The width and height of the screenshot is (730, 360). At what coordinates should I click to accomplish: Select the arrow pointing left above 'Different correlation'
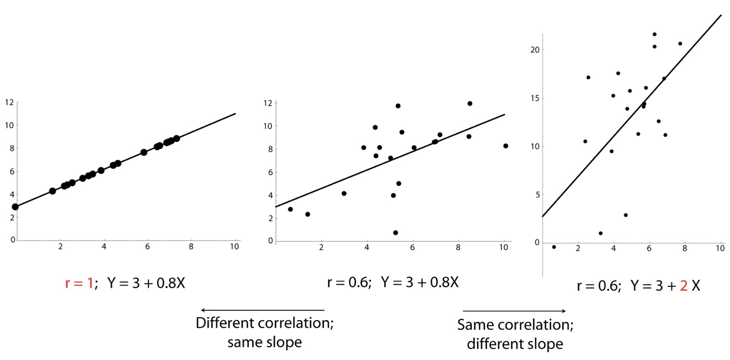click(263, 310)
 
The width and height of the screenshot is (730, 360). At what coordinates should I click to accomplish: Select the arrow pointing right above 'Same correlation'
click(514, 311)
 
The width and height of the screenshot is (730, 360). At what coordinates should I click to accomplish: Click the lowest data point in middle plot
click(395, 233)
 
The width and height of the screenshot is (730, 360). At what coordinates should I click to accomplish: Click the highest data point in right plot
click(654, 34)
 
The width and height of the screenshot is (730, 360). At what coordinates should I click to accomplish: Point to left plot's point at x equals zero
click(15, 207)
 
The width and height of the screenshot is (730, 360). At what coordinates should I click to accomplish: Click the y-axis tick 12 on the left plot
click(9, 102)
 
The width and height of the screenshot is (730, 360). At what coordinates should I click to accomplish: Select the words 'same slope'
click(264, 343)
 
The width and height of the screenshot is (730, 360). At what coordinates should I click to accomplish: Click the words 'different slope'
click(514, 344)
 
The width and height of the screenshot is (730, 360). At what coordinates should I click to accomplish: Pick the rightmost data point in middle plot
click(505, 146)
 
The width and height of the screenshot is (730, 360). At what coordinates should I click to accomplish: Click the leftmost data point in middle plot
click(290, 209)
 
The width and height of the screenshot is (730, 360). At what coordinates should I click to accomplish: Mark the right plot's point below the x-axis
click(554, 247)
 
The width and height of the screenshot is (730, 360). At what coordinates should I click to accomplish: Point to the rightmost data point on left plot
click(176, 138)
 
